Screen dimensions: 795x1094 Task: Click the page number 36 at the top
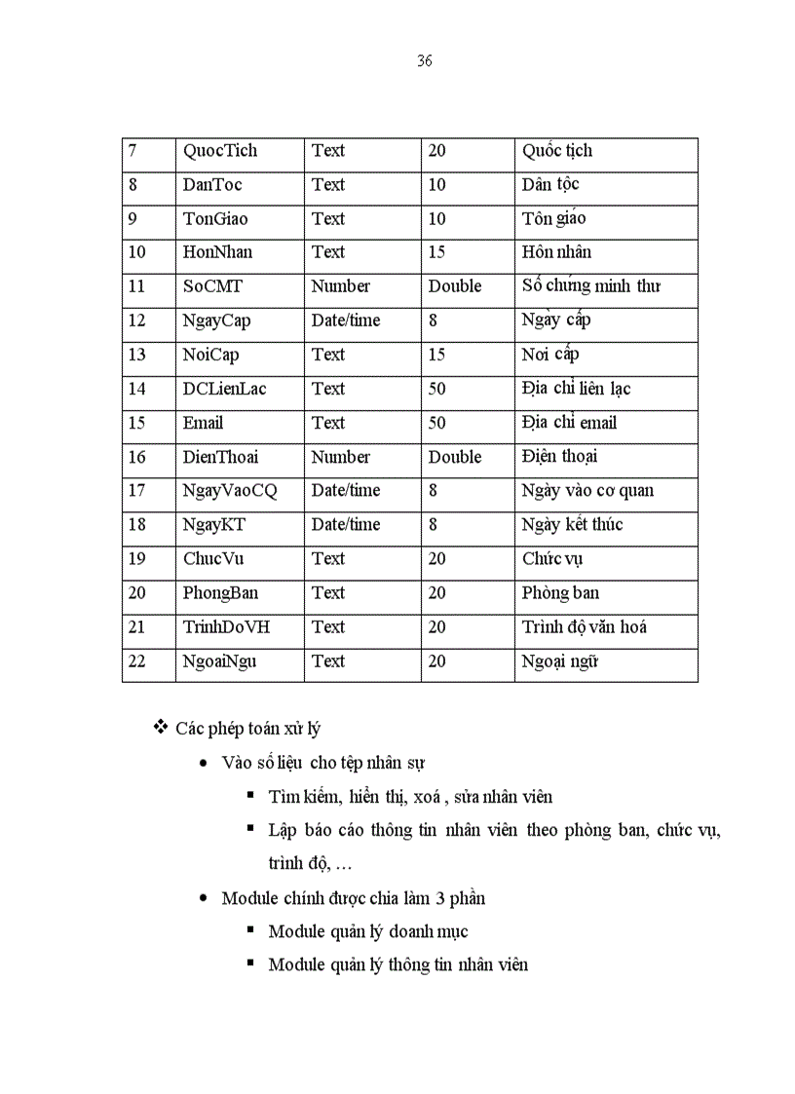pos(424,61)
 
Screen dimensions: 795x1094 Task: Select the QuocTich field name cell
pos(220,151)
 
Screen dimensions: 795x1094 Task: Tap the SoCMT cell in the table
pos(212,286)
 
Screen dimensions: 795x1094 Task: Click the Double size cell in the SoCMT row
pos(455,286)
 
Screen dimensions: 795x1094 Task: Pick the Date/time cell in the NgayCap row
pos(346,321)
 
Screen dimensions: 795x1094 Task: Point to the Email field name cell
pos(203,423)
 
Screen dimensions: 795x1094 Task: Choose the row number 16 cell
pos(136,457)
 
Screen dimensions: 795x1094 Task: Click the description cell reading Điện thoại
pos(559,457)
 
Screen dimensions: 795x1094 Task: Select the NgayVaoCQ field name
pos(230,491)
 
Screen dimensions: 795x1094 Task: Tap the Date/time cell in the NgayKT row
pos(346,525)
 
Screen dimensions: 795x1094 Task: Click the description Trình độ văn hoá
pos(584,627)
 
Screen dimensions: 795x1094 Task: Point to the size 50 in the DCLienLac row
pos(437,389)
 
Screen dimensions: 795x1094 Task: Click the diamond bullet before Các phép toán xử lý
pos(162,728)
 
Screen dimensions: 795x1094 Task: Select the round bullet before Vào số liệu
pos(203,763)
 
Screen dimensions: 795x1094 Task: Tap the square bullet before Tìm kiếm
pos(251,795)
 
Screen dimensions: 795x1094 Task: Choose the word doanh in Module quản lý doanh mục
pos(410,932)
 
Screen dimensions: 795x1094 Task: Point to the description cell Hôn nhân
pos(556,252)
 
